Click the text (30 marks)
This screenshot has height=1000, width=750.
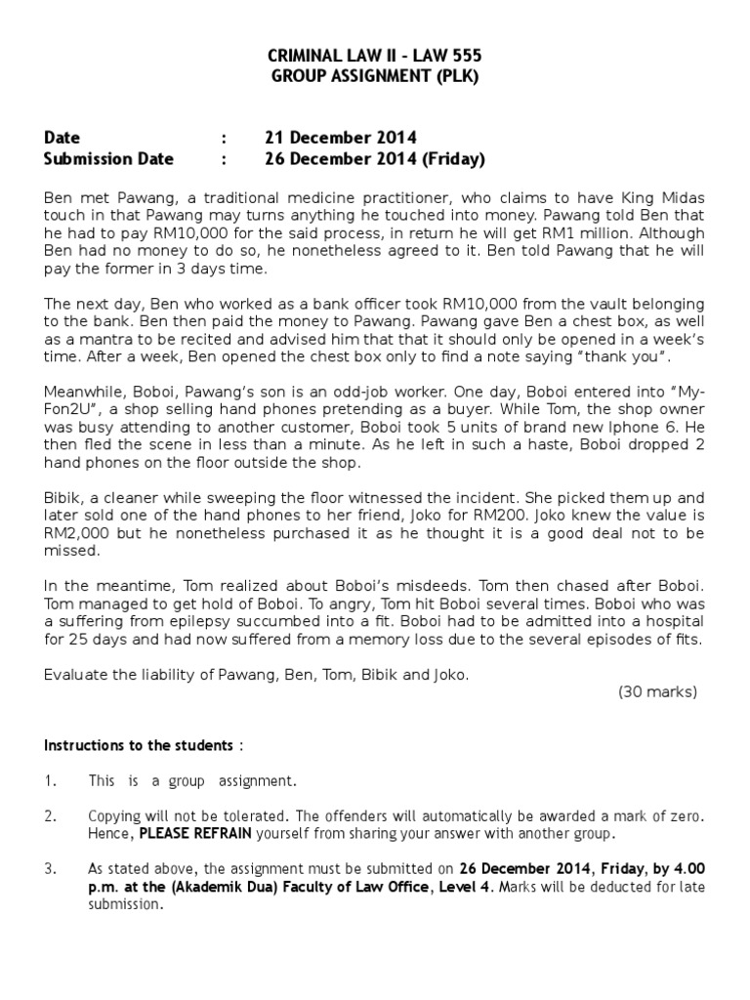coord(657,691)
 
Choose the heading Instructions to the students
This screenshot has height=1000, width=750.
coord(139,746)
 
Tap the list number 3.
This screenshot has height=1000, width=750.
coord(51,868)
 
